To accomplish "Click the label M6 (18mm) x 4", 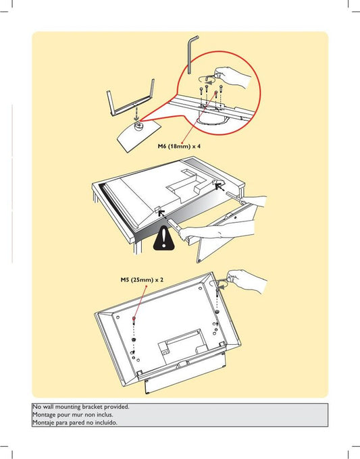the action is pos(179,146).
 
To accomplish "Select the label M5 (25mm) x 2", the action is pos(142,280).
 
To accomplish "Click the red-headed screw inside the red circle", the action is pos(216,95).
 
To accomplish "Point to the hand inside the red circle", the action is pos(233,77).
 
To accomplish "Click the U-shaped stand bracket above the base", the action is pos(130,99).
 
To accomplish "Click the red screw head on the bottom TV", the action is pos(134,318).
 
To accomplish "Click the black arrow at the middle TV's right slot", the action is pos(219,186).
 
